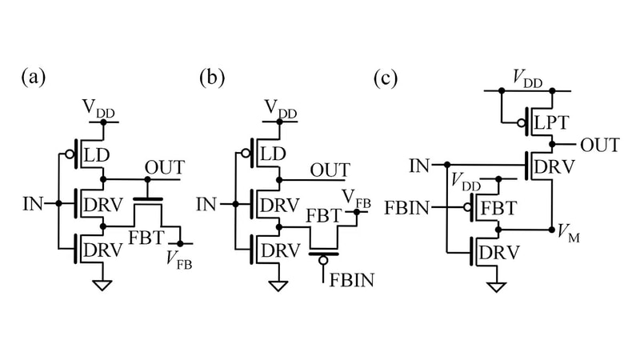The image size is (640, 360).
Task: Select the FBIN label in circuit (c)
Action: tap(412, 210)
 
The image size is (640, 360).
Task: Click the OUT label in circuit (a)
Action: tap(164, 168)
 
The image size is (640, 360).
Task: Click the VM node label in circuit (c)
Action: tap(568, 234)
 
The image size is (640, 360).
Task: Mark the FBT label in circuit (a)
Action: tap(143, 238)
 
